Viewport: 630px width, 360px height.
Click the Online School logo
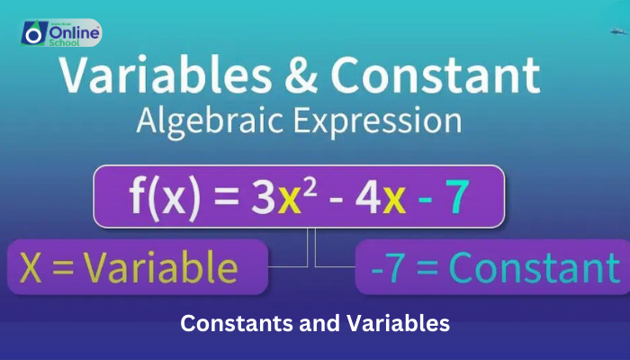pyautogui.click(x=61, y=34)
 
